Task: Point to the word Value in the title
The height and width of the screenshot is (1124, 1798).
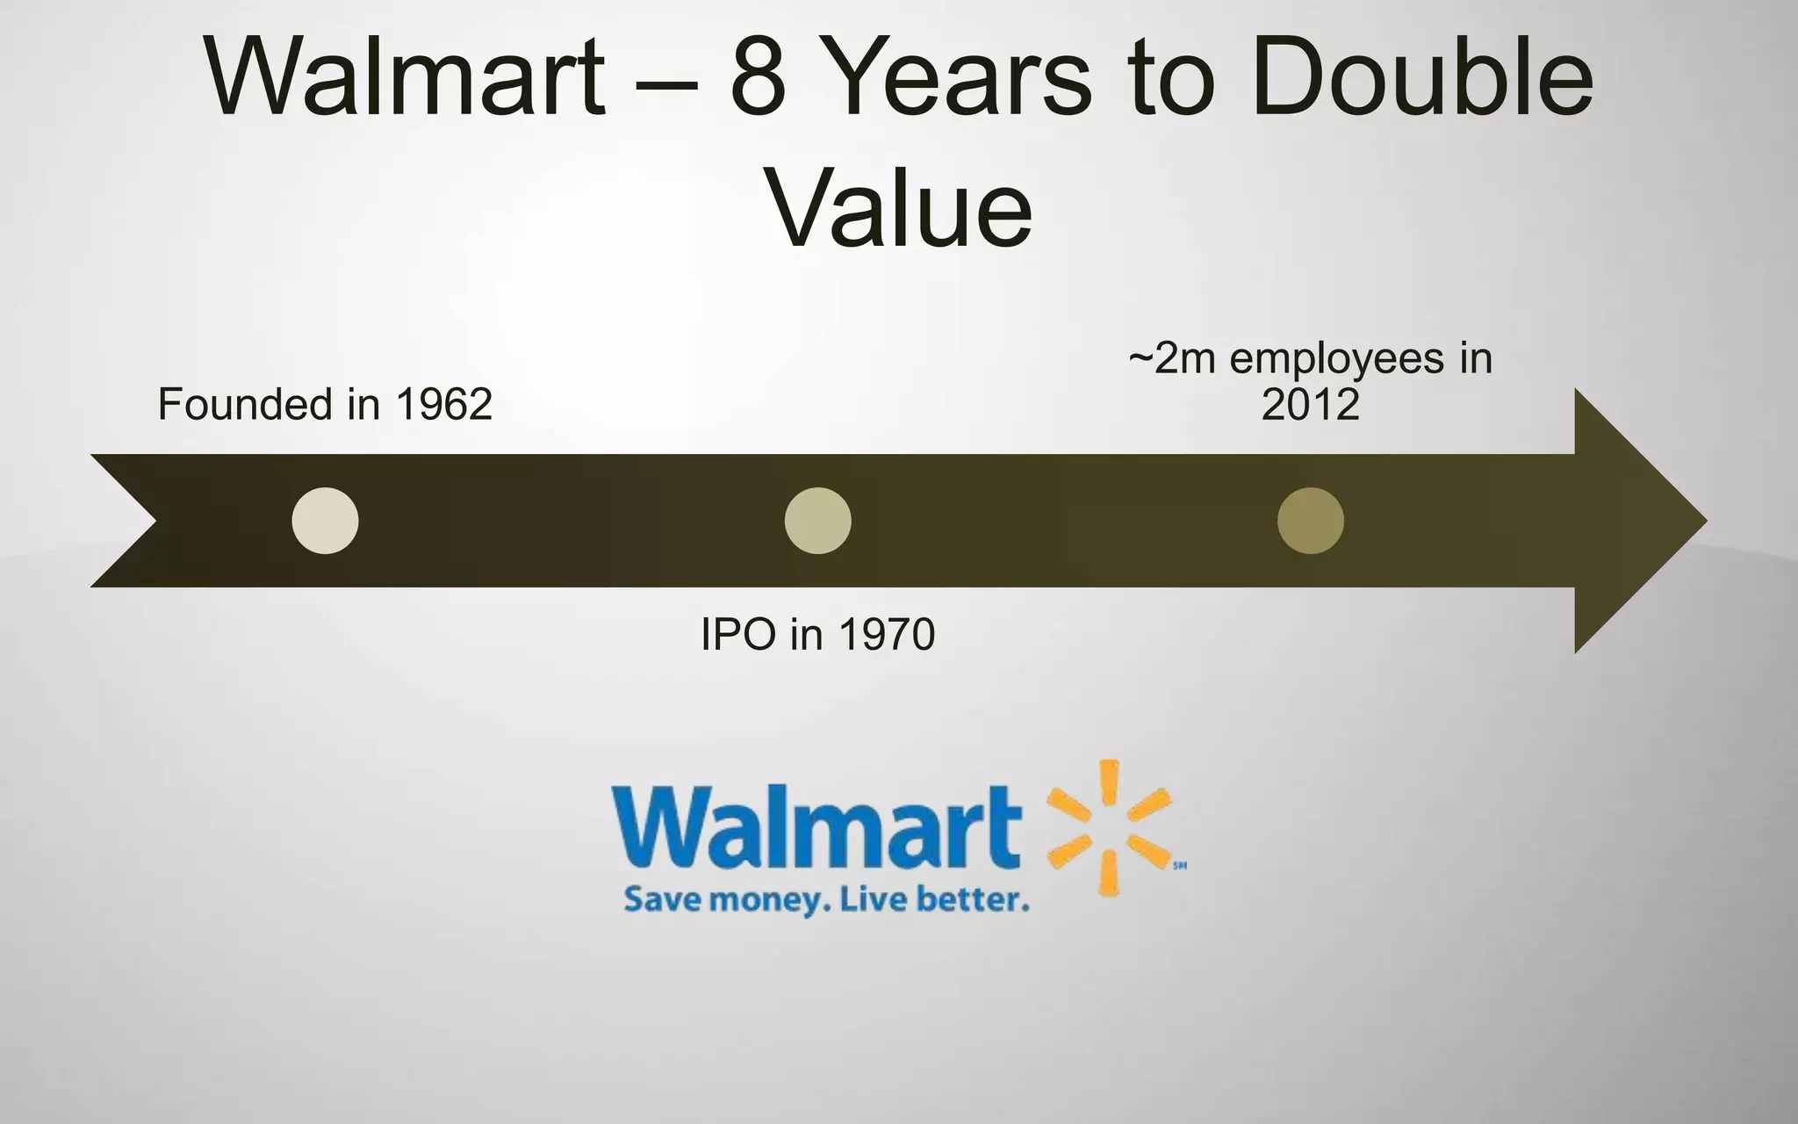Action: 901,209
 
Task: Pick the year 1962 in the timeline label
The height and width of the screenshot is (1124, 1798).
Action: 443,405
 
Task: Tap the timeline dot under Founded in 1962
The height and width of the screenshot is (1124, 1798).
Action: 325,521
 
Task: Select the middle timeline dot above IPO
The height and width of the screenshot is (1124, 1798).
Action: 817,521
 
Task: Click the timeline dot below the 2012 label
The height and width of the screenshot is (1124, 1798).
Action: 1310,521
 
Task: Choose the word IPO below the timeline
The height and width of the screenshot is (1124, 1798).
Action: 738,634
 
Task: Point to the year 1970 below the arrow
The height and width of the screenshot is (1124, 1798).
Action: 887,634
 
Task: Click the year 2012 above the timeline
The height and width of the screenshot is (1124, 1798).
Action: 1310,405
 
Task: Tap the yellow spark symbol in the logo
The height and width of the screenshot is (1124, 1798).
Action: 1109,827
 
